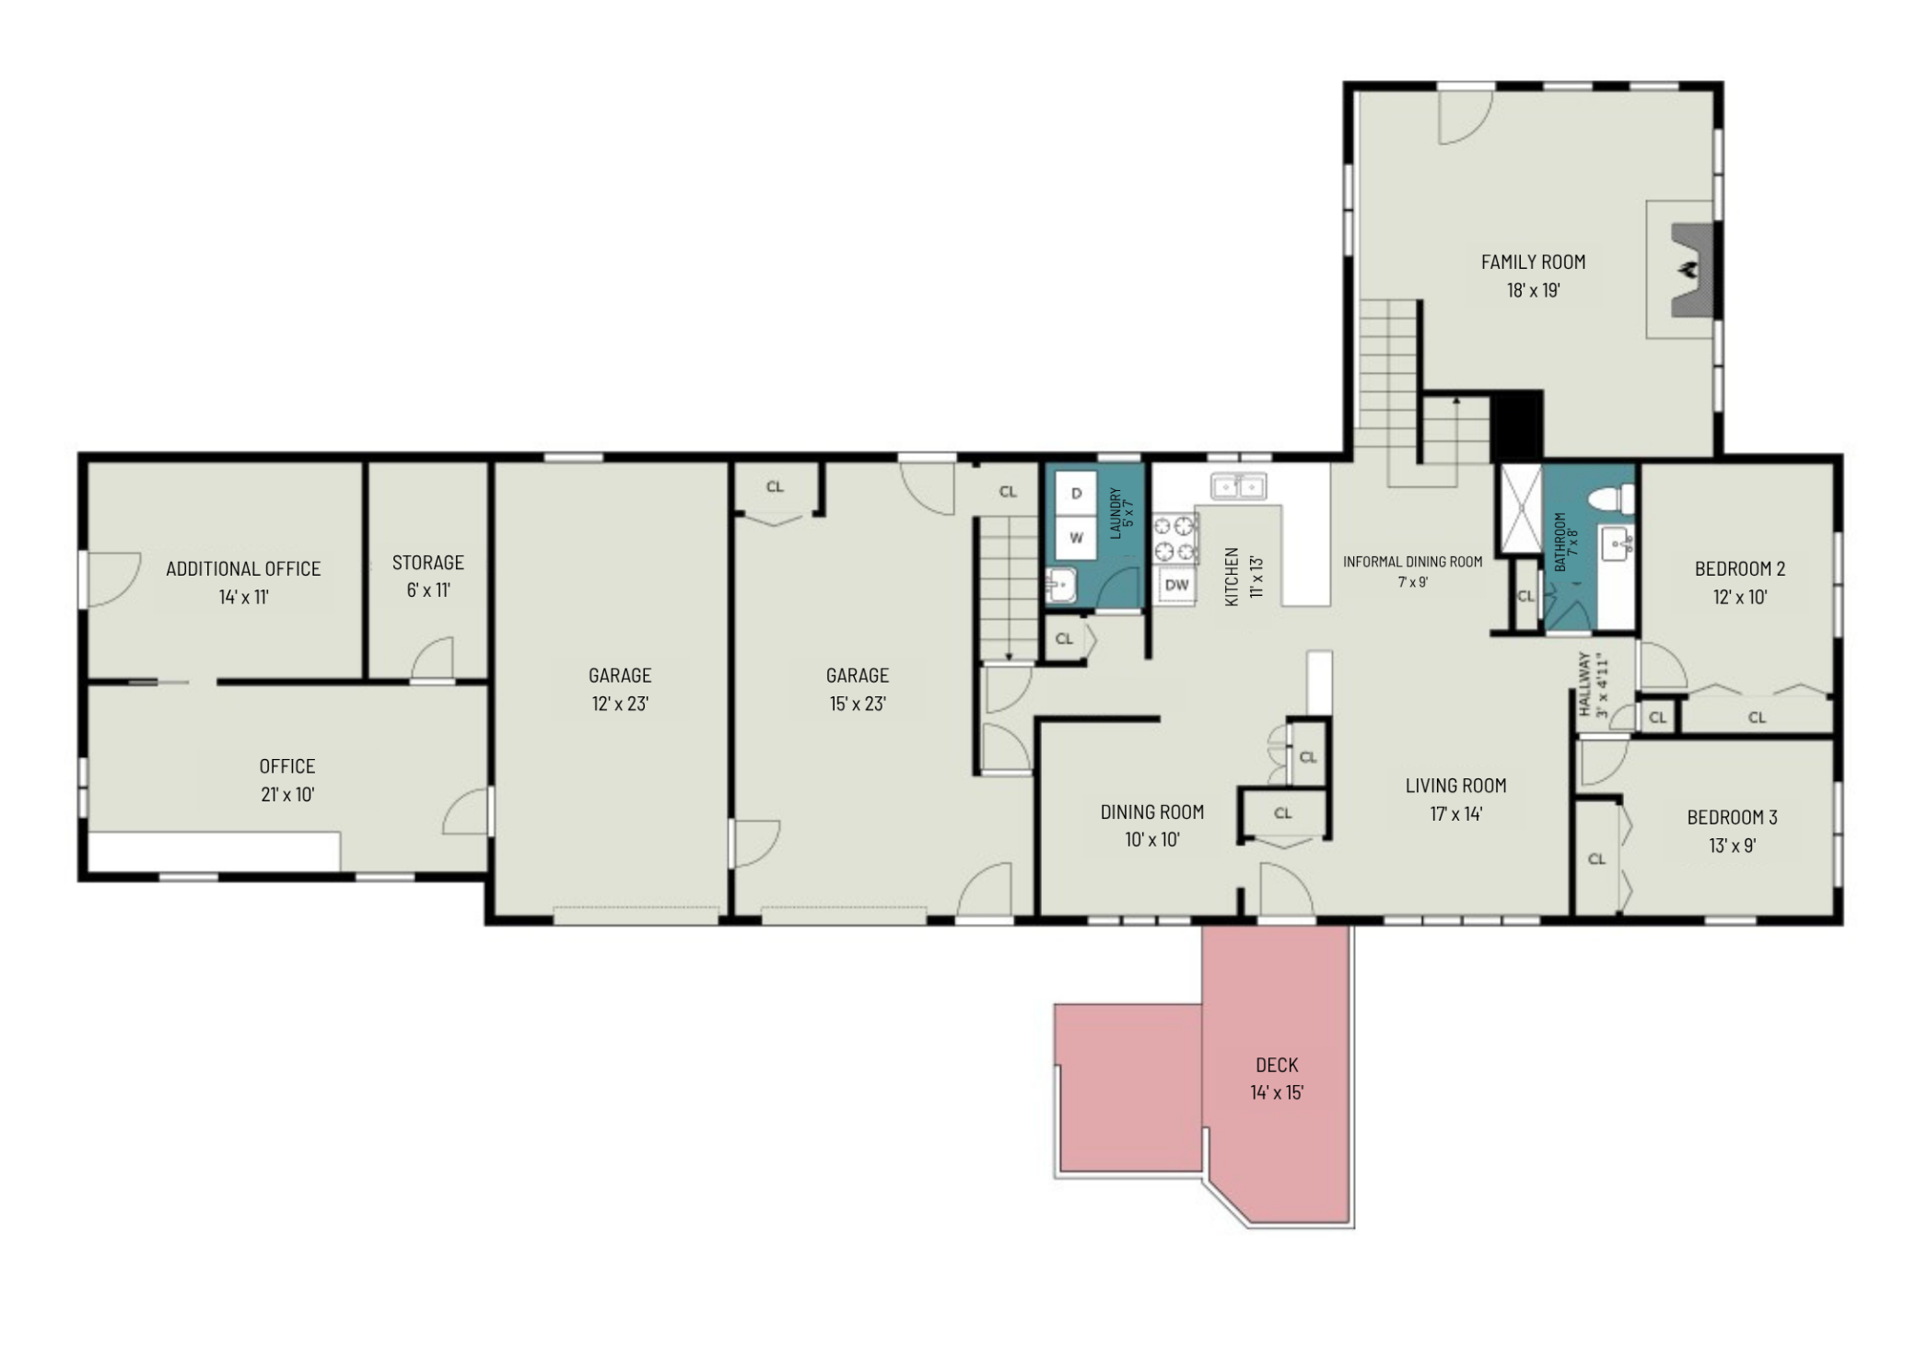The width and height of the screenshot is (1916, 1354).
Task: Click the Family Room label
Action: pyautogui.click(x=1533, y=263)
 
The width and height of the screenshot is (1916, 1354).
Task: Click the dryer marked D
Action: pyautogui.click(x=1076, y=494)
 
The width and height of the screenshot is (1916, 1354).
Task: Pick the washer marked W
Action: pyautogui.click(x=1076, y=538)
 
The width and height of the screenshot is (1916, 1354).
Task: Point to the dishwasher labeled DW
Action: pyautogui.click(x=1177, y=585)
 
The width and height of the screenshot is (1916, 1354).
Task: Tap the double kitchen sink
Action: pyautogui.click(x=1239, y=485)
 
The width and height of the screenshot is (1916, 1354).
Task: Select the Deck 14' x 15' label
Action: pyautogui.click(x=1277, y=1079)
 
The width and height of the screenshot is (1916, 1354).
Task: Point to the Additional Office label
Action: pyautogui.click(x=243, y=569)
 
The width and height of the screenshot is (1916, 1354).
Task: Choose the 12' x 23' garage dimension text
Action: pyautogui.click(x=620, y=705)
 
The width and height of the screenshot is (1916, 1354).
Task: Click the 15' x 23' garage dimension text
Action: pyautogui.click(x=858, y=705)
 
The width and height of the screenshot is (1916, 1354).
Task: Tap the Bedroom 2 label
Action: pyautogui.click(x=1740, y=569)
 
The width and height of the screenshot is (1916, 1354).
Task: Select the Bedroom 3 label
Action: pyautogui.click(x=1733, y=817)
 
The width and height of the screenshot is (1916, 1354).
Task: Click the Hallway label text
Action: pyautogui.click(x=1585, y=685)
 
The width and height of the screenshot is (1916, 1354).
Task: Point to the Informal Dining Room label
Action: pyautogui.click(x=1413, y=562)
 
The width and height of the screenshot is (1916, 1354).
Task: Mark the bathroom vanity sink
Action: pyautogui.click(x=1617, y=545)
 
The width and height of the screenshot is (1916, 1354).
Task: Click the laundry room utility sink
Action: pyautogui.click(x=1061, y=585)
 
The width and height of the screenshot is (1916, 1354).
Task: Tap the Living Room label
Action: pyautogui.click(x=1456, y=786)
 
